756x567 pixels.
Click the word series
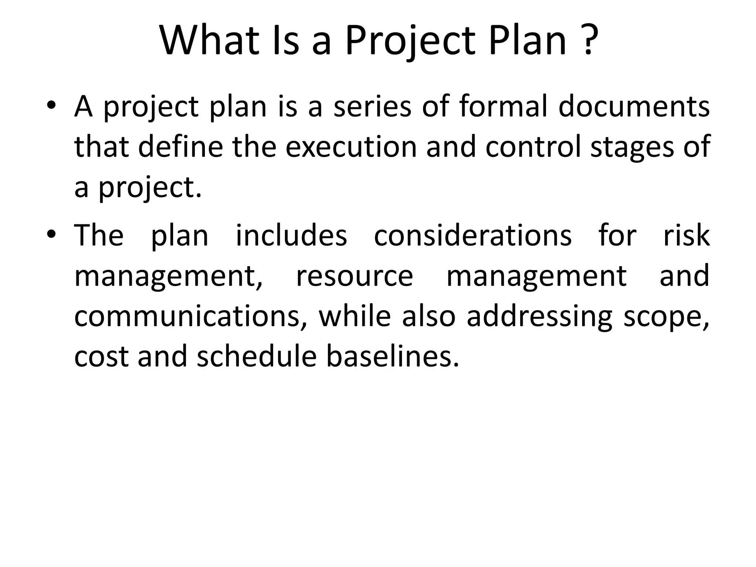click(372, 107)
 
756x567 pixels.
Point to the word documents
click(634, 107)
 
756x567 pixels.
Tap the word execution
click(351, 147)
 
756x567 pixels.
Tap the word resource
click(355, 277)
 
